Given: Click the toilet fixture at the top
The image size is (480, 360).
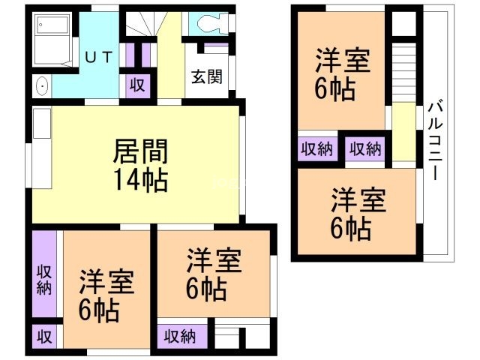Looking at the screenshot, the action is [x=212, y=23].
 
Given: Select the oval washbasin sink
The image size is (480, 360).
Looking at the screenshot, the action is [x=42, y=86].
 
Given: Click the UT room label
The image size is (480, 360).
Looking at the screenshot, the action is [x=98, y=57].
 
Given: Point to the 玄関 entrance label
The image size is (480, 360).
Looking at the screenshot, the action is [x=207, y=76].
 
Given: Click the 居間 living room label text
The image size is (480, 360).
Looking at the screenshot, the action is [x=140, y=151].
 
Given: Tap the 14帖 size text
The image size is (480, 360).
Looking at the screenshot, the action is [x=141, y=181].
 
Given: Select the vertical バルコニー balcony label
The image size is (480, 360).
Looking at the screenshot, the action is [x=435, y=141].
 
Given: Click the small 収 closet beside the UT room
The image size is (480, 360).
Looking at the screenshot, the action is [x=137, y=85].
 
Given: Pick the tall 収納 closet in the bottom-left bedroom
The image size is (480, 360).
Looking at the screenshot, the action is [x=44, y=274].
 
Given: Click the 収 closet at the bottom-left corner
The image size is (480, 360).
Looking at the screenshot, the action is [x=44, y=337].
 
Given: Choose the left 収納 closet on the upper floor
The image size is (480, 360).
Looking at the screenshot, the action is [x=317, y=148].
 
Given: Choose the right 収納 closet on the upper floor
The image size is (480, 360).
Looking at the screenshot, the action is [x=365, y=148].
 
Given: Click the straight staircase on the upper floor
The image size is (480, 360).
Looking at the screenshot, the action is [x=403, y=73].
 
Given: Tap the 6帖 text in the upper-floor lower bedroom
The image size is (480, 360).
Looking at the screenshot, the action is [x=351, y=229].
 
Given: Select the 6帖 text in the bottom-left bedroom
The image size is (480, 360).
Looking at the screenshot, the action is [x=98, y=310].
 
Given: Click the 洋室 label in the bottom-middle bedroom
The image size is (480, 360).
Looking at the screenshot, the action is [x=214, y=260].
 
